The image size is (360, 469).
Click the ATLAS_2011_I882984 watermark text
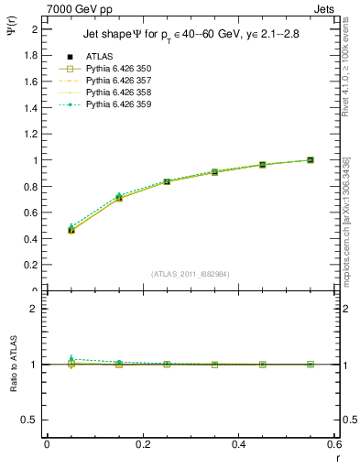[x=190, y=273]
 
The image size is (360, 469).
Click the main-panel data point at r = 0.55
[x=311, y=160]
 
